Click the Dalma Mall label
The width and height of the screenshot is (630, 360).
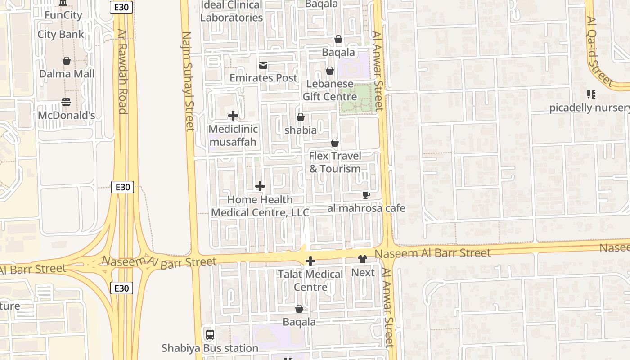pos(67,74)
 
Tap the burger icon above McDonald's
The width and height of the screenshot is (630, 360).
pos(66,102)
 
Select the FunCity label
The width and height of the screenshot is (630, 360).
pos(63,15)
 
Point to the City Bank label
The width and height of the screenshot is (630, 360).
pos(61,35)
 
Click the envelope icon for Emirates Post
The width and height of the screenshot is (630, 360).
pos(263,66)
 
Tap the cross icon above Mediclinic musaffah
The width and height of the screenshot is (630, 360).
pos(233,116)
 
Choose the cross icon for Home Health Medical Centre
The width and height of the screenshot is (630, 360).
pos(260,186)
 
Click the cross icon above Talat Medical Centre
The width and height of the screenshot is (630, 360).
pos(310,261)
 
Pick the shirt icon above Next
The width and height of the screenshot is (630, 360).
pos(363,259)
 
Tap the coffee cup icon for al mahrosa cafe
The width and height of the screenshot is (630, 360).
pos(366,195)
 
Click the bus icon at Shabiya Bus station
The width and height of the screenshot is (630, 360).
pos(210,335)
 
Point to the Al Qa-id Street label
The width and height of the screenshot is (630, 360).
pos(599,52)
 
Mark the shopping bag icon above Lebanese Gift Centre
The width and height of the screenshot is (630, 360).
pos(330,71)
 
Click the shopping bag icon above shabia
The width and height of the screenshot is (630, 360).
pos(301,117)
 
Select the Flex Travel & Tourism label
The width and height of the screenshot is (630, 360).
pos(335,162)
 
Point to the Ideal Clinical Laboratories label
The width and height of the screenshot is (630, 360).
pos(231,11)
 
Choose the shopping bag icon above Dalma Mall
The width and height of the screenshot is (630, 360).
pos(67,61)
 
